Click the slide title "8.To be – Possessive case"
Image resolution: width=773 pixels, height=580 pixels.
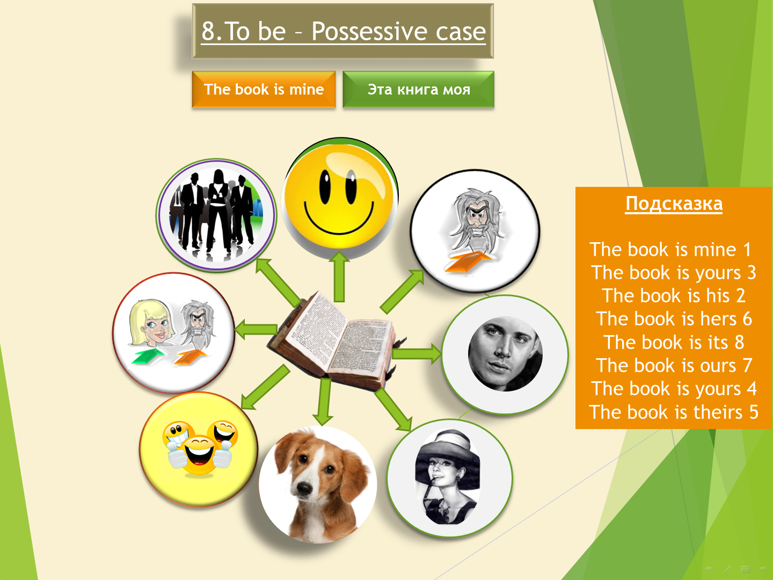pyautogui.click(x=343, y=31)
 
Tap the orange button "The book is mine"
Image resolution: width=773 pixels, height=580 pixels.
pyautogui.click(x=264, y=90)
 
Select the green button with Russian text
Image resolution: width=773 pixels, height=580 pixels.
pyautogui.click(x=418, y=90)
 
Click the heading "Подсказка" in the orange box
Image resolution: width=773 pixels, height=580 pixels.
pyautogui.click(x=674, y=204)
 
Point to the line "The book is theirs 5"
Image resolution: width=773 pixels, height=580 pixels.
pyautogui.click(x=673, y=412)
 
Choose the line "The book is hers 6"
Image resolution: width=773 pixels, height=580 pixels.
pyautogui.click(x=674, y=318)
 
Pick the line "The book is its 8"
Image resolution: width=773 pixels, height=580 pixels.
pyautogui.click(x=674, y=342)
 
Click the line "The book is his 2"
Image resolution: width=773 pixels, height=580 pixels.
pyautogui.click(x=674, y=295)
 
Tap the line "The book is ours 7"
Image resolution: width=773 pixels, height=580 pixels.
pyautogui.click(x=674, y=365)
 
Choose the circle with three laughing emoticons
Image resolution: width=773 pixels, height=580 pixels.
pyautogui.click(x=199, y=449)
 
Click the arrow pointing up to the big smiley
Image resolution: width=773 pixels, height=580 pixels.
pyautogui.click(x=339, y=277)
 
